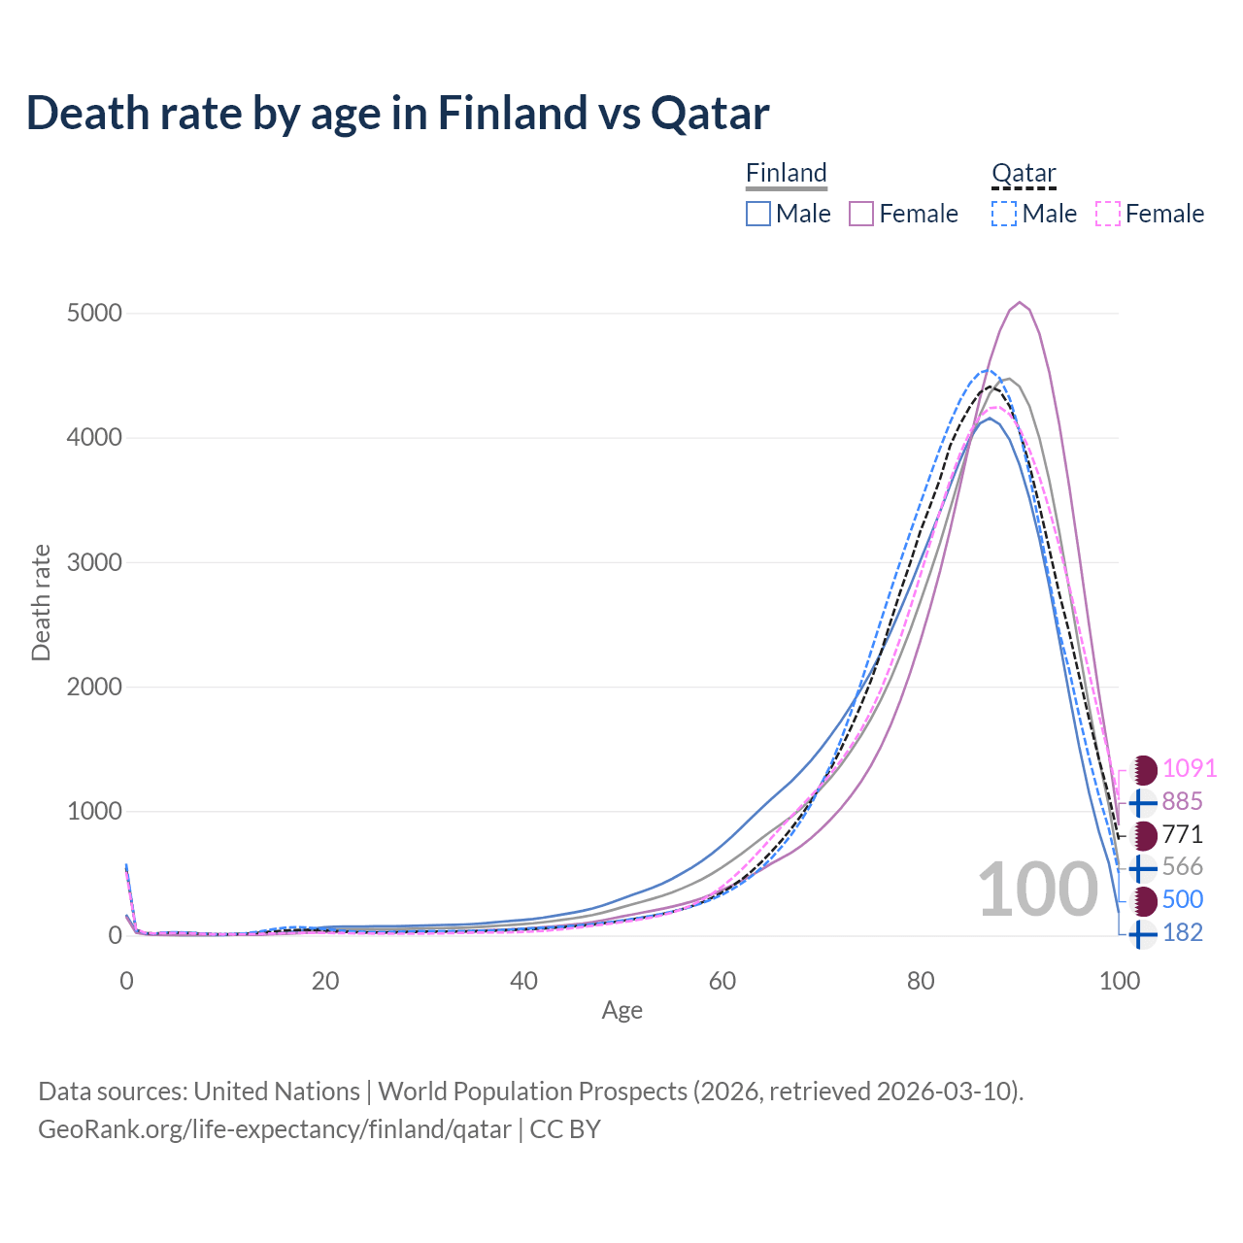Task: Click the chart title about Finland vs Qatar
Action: [x=398, y=113]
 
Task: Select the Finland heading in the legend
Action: [x=787, y=173]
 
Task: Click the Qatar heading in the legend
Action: [x=1024, y=173]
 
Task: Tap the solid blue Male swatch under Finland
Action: [x=758, y=214]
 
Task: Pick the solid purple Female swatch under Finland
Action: [x=862, y=214]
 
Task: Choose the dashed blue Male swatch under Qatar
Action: [x=1004, y=214]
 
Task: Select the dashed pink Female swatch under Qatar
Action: [x=1108, y=214]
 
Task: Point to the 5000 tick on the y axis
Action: [x=94, y=314]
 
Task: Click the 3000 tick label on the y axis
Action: [x=94, y=562]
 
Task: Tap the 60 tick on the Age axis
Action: [x=722, y=981]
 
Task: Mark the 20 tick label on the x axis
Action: [x=325, y=981]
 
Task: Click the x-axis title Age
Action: [x=622, y=1011]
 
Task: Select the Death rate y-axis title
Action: [x=41, y=602]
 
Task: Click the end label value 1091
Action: [x=1190, y=768]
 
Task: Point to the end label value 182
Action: [x=1183, y=932]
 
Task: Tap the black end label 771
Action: [x=1183, y=834]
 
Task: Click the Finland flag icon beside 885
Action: [x=1143, y=802]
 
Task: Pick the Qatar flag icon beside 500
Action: [x=1144, y=900]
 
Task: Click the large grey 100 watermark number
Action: [x=1037, y=890]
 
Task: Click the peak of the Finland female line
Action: [x=1019, y=302]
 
